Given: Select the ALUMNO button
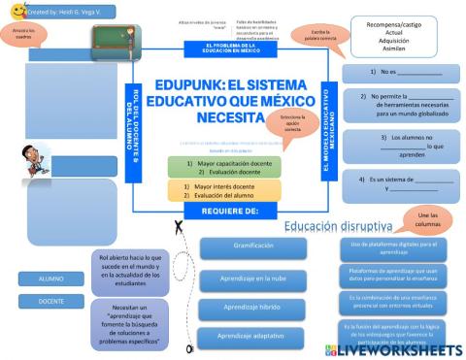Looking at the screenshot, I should coord(44,278).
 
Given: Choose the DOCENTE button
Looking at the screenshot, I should coord(44,301).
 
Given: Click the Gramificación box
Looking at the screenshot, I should coord(252,245).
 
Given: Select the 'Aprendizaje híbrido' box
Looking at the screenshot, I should coord(252,307).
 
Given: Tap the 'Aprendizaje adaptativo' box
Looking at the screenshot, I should coord(252,336).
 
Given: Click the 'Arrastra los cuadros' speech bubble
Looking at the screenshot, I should coord(24,35).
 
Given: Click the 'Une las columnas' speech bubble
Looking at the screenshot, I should coord(420,219).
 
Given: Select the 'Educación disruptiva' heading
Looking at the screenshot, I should coord(332,226).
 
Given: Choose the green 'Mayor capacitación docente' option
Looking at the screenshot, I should coord(224,168).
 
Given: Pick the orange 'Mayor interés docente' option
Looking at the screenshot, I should coord(224,190).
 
